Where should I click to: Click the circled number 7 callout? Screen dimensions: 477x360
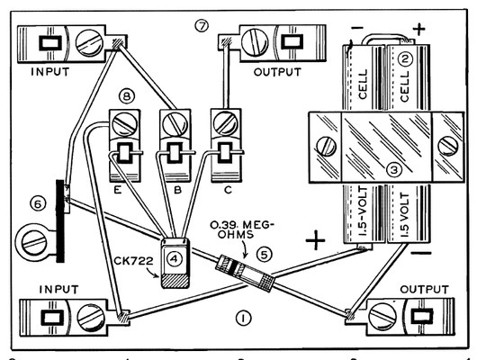202,26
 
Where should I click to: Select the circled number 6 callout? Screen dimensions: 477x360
38,204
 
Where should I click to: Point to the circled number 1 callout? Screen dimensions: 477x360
244,319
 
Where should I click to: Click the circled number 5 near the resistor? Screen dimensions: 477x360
264,255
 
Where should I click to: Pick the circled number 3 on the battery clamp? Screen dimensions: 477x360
393,169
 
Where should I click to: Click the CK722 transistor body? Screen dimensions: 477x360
175,263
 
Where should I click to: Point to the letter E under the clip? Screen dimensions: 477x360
118,190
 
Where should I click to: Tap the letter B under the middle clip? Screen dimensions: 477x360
177,190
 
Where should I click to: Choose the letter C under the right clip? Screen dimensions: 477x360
228,190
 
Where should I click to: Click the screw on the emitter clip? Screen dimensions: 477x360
125,124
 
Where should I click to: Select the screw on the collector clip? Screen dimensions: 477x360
225,123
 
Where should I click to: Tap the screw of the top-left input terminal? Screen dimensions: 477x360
88,44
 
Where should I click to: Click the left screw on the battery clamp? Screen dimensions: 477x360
327,146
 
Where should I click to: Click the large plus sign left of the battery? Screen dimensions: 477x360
315,240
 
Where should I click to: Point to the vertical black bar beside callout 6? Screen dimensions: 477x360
60,220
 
